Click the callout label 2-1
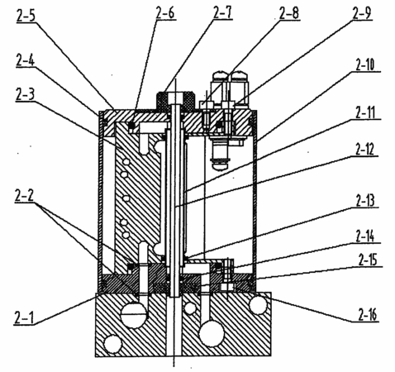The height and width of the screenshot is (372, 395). coord(24,318)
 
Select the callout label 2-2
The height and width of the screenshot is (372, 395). coord(24,196)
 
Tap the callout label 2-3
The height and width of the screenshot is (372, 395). coord(25,95)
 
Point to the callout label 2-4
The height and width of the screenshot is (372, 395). coord(25,60)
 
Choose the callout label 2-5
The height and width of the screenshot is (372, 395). coord(26,17)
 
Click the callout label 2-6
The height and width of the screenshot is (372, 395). coord(165,13)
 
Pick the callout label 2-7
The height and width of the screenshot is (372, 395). coord(222,12)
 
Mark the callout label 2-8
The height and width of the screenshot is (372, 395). coord(289,13)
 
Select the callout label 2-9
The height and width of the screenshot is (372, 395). coord(362,13)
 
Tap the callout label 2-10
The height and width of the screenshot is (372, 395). coord(365,64)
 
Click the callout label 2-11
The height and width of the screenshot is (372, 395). coord(365,112)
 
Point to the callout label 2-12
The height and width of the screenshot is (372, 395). coord(365,150)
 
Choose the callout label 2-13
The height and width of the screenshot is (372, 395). coord(365,200)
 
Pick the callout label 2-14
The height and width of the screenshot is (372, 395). coord(365,236)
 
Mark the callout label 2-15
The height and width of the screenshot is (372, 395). coord(368,260)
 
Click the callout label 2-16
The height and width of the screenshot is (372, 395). coord(368,315)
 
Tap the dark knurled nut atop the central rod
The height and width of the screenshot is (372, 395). coord(176,101)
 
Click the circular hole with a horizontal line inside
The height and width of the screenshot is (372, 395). coord(134,313)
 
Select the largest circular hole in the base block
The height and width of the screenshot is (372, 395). coord(212,333)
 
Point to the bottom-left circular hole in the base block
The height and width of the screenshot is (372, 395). coord(112,344)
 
